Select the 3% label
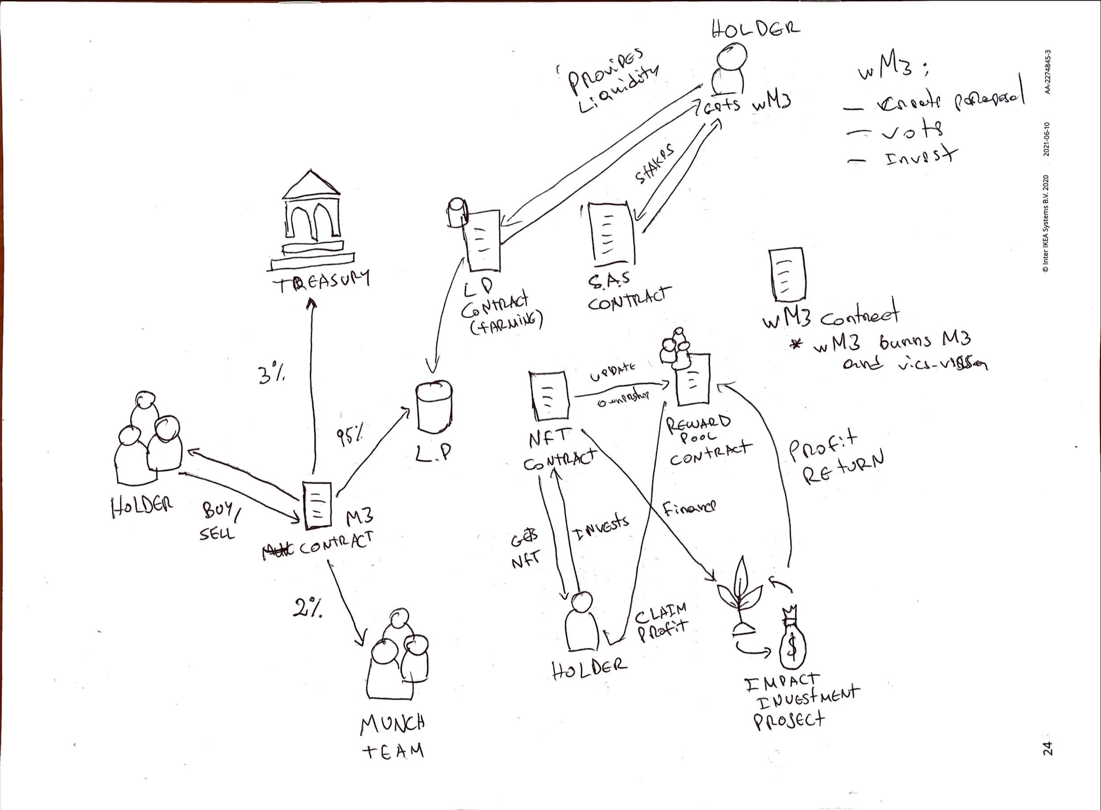click(x=271, y=375)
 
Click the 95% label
click(x=350, y=436)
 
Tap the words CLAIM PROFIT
click(x=661, y=623)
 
